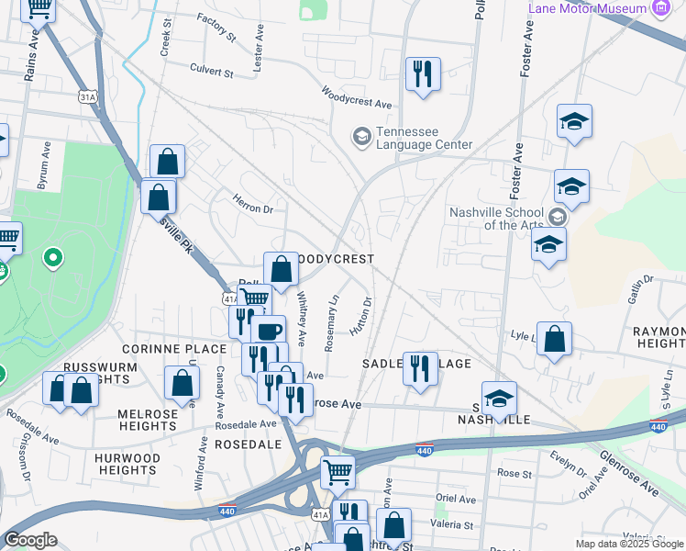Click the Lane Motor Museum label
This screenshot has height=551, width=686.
click(587, 8)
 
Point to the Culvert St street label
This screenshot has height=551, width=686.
click(212, 69)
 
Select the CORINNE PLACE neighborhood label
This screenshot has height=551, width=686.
click(173, 349)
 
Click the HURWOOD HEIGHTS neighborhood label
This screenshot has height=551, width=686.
click(127, 464)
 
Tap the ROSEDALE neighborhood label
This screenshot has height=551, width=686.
click(248, 444)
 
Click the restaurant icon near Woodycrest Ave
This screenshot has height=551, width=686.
click(423, 73)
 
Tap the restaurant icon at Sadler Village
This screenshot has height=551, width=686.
click(420, 369)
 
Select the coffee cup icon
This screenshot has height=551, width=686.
click(269, 332)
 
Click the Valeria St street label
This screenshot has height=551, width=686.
click(454, 526)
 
